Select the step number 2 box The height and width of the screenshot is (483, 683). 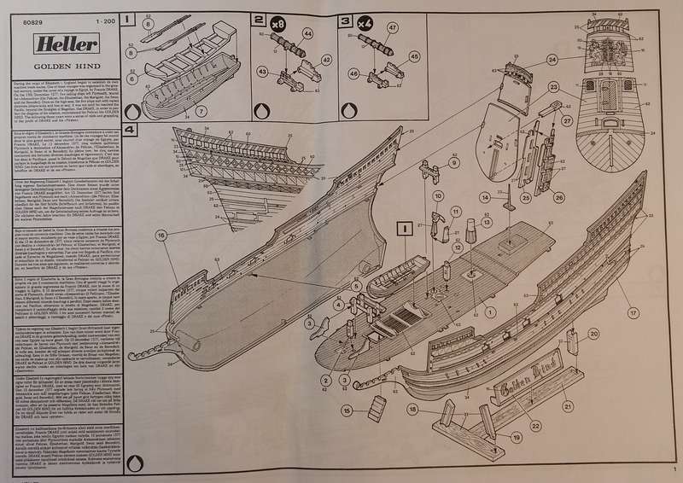(x=259, y=18)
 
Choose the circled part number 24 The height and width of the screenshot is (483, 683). (x=552, y=59)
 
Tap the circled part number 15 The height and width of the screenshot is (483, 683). (x=347, y=410)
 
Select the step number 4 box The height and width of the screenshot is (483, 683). (x=129, y=130)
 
